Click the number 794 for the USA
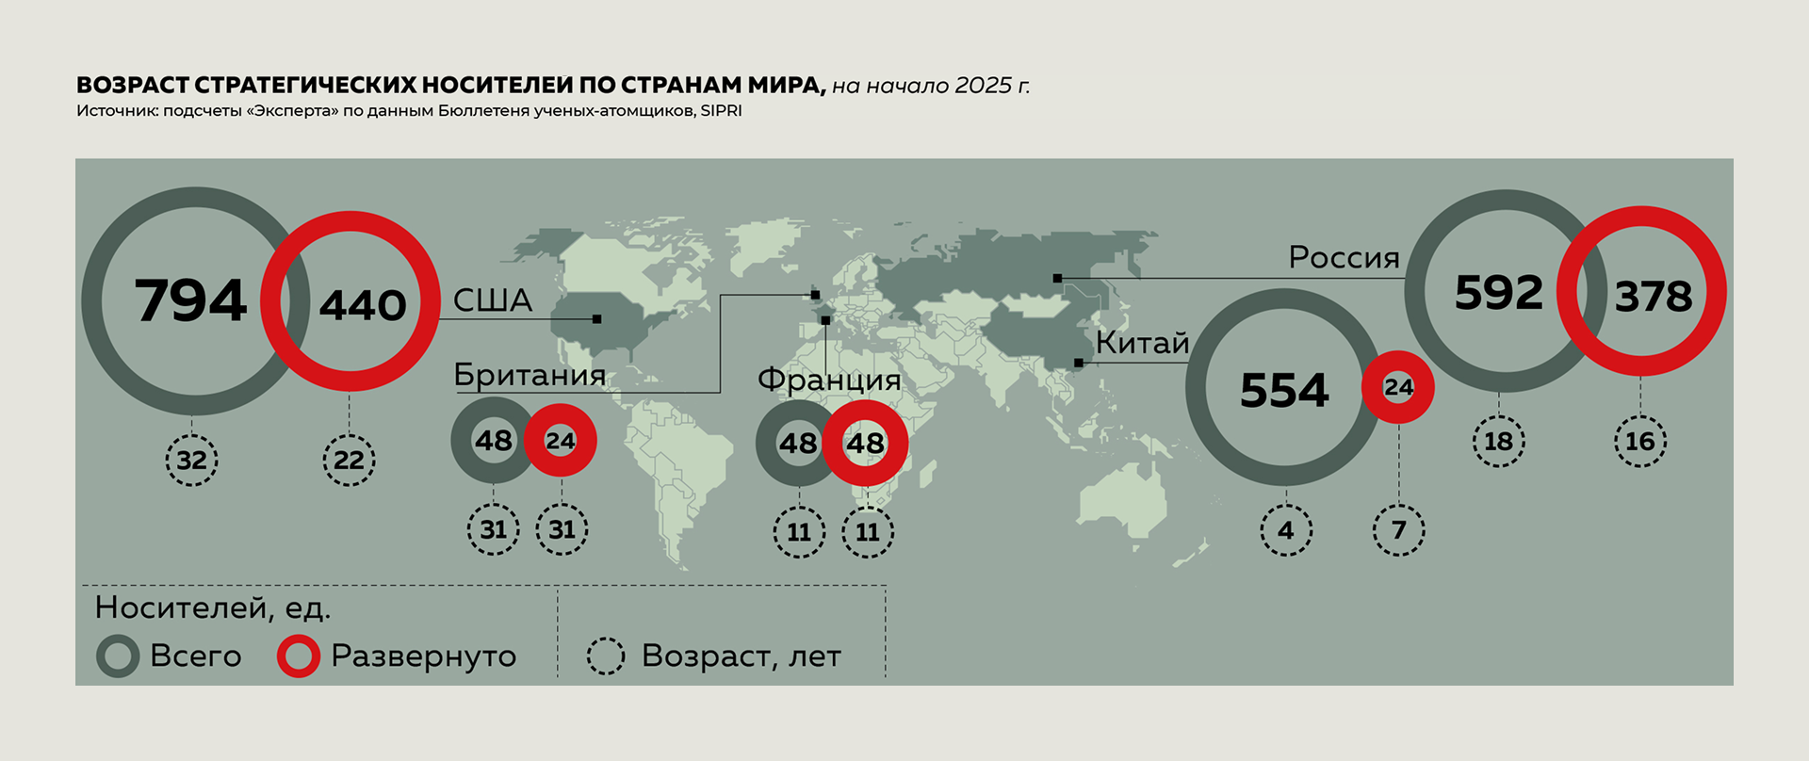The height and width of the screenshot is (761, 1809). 191,301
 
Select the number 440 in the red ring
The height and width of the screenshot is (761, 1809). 363,304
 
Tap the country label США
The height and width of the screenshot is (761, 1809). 493,300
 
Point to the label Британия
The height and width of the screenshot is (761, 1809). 530,375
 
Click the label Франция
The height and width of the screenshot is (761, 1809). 829,380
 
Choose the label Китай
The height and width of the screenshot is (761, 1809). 1142,343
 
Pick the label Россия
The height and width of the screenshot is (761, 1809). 1344,257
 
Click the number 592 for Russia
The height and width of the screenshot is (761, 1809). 1499,293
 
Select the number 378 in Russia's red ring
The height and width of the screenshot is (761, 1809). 1654,297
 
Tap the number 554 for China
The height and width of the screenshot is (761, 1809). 1284,390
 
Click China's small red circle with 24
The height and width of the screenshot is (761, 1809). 1398,387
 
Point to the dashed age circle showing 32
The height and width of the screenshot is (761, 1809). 192,461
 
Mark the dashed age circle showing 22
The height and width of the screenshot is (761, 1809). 349,461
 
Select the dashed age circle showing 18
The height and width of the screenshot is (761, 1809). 1499,441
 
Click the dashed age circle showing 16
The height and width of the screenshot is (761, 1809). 1640,441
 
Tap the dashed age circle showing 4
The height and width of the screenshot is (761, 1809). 1286,530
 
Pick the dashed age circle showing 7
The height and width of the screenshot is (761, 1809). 1399,530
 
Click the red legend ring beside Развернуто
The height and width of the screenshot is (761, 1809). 299,656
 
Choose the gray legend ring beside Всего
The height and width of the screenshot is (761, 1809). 118,656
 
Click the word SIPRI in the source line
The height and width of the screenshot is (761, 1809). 722,111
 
